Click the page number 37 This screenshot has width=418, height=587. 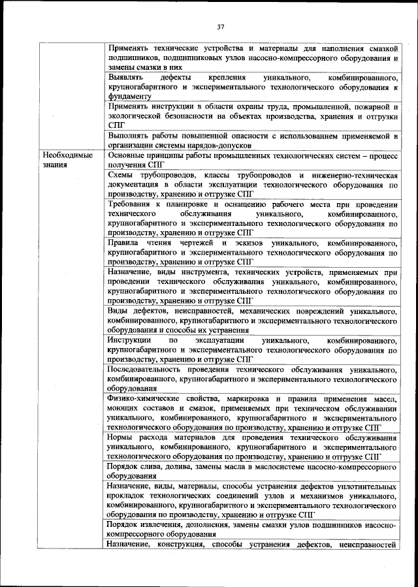click(x=220, y=26)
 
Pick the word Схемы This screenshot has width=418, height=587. click(x=122, y=176)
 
